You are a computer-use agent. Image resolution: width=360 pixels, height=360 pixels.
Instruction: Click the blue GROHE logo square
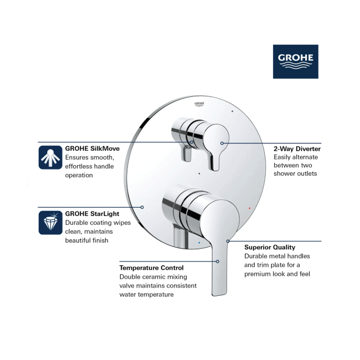296,61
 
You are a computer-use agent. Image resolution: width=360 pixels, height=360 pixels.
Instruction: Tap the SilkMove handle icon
50,157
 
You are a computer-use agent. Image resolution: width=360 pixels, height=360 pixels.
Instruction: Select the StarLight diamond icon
50,223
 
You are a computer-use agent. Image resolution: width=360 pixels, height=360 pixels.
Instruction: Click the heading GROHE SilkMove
92,148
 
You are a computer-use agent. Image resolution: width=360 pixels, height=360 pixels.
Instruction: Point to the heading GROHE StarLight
92,214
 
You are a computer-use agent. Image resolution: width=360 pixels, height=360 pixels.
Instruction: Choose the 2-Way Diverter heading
297,149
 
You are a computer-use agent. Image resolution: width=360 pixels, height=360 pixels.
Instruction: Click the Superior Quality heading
270,247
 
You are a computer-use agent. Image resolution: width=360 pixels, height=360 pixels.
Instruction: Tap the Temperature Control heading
151,268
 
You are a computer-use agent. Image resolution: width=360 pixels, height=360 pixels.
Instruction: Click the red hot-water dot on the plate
250,208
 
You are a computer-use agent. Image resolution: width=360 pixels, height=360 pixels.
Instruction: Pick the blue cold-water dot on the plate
199,243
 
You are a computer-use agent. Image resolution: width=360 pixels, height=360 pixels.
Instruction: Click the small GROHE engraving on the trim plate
199,104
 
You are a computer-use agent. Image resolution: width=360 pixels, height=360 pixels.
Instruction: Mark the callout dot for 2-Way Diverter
222,143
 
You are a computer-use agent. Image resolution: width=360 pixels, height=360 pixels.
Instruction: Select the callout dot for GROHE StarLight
142,207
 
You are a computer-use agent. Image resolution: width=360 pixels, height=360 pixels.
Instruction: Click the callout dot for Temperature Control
218,261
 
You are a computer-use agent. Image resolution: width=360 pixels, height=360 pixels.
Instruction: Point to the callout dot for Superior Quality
228,241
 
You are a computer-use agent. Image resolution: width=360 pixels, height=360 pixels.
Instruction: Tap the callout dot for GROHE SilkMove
192,142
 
